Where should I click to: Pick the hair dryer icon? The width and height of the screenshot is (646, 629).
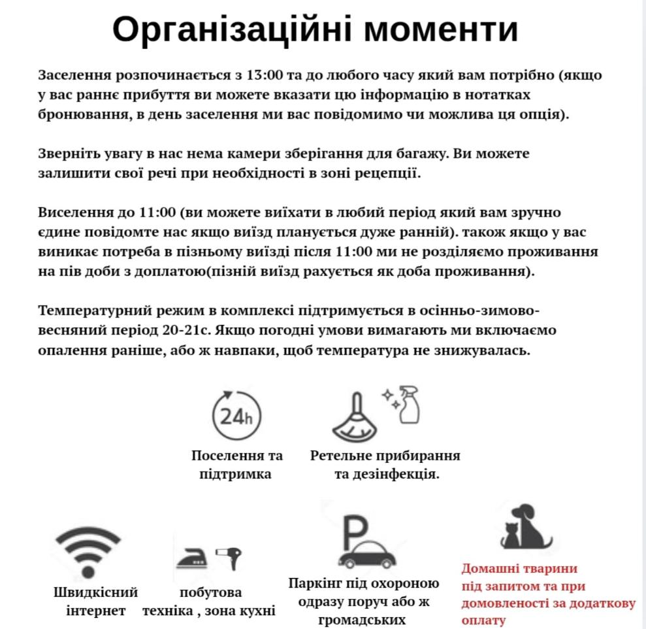coord(229,557)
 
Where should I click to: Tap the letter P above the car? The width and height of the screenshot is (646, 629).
coord(355,530)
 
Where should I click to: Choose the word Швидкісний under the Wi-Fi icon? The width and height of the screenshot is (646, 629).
coord(96,592)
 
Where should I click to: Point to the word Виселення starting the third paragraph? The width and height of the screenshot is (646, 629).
coord(74,213)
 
